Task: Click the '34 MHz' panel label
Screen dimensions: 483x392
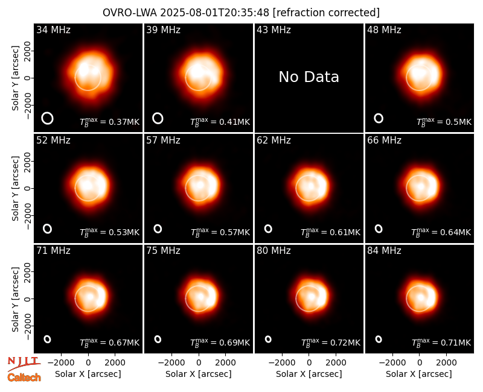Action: pos(53,30)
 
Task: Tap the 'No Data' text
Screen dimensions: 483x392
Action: pos(309,77)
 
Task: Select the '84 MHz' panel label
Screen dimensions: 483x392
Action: pos(384,251)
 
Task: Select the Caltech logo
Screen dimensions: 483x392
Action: pos(24,378)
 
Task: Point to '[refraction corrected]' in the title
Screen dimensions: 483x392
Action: pos(326,13)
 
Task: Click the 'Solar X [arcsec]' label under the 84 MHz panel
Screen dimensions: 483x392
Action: pos(419,374)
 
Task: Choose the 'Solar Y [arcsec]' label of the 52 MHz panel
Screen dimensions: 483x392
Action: pos(16,188)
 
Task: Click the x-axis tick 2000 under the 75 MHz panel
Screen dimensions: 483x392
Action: pos(225,363)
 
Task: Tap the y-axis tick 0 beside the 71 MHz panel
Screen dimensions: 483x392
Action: pos(28,299)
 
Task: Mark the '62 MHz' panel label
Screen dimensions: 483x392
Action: pos(273,141)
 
